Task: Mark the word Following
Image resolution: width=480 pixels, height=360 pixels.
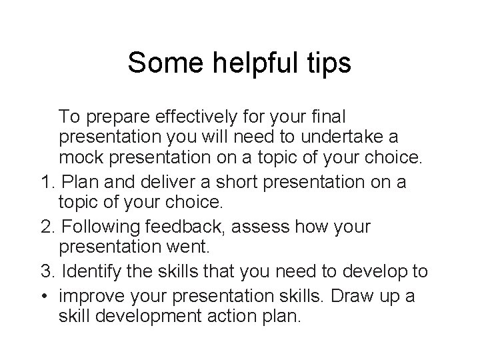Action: [x=89, y=226]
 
